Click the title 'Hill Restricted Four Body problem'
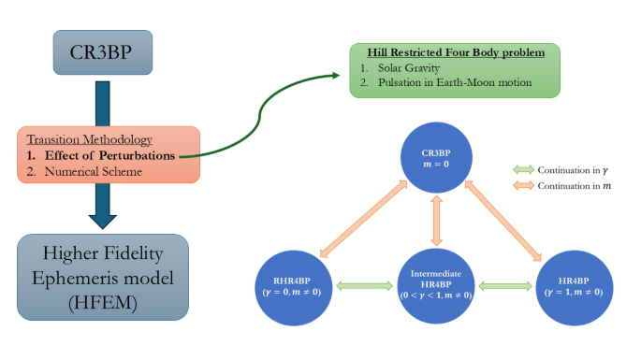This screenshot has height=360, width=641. (x=454, y=52)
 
